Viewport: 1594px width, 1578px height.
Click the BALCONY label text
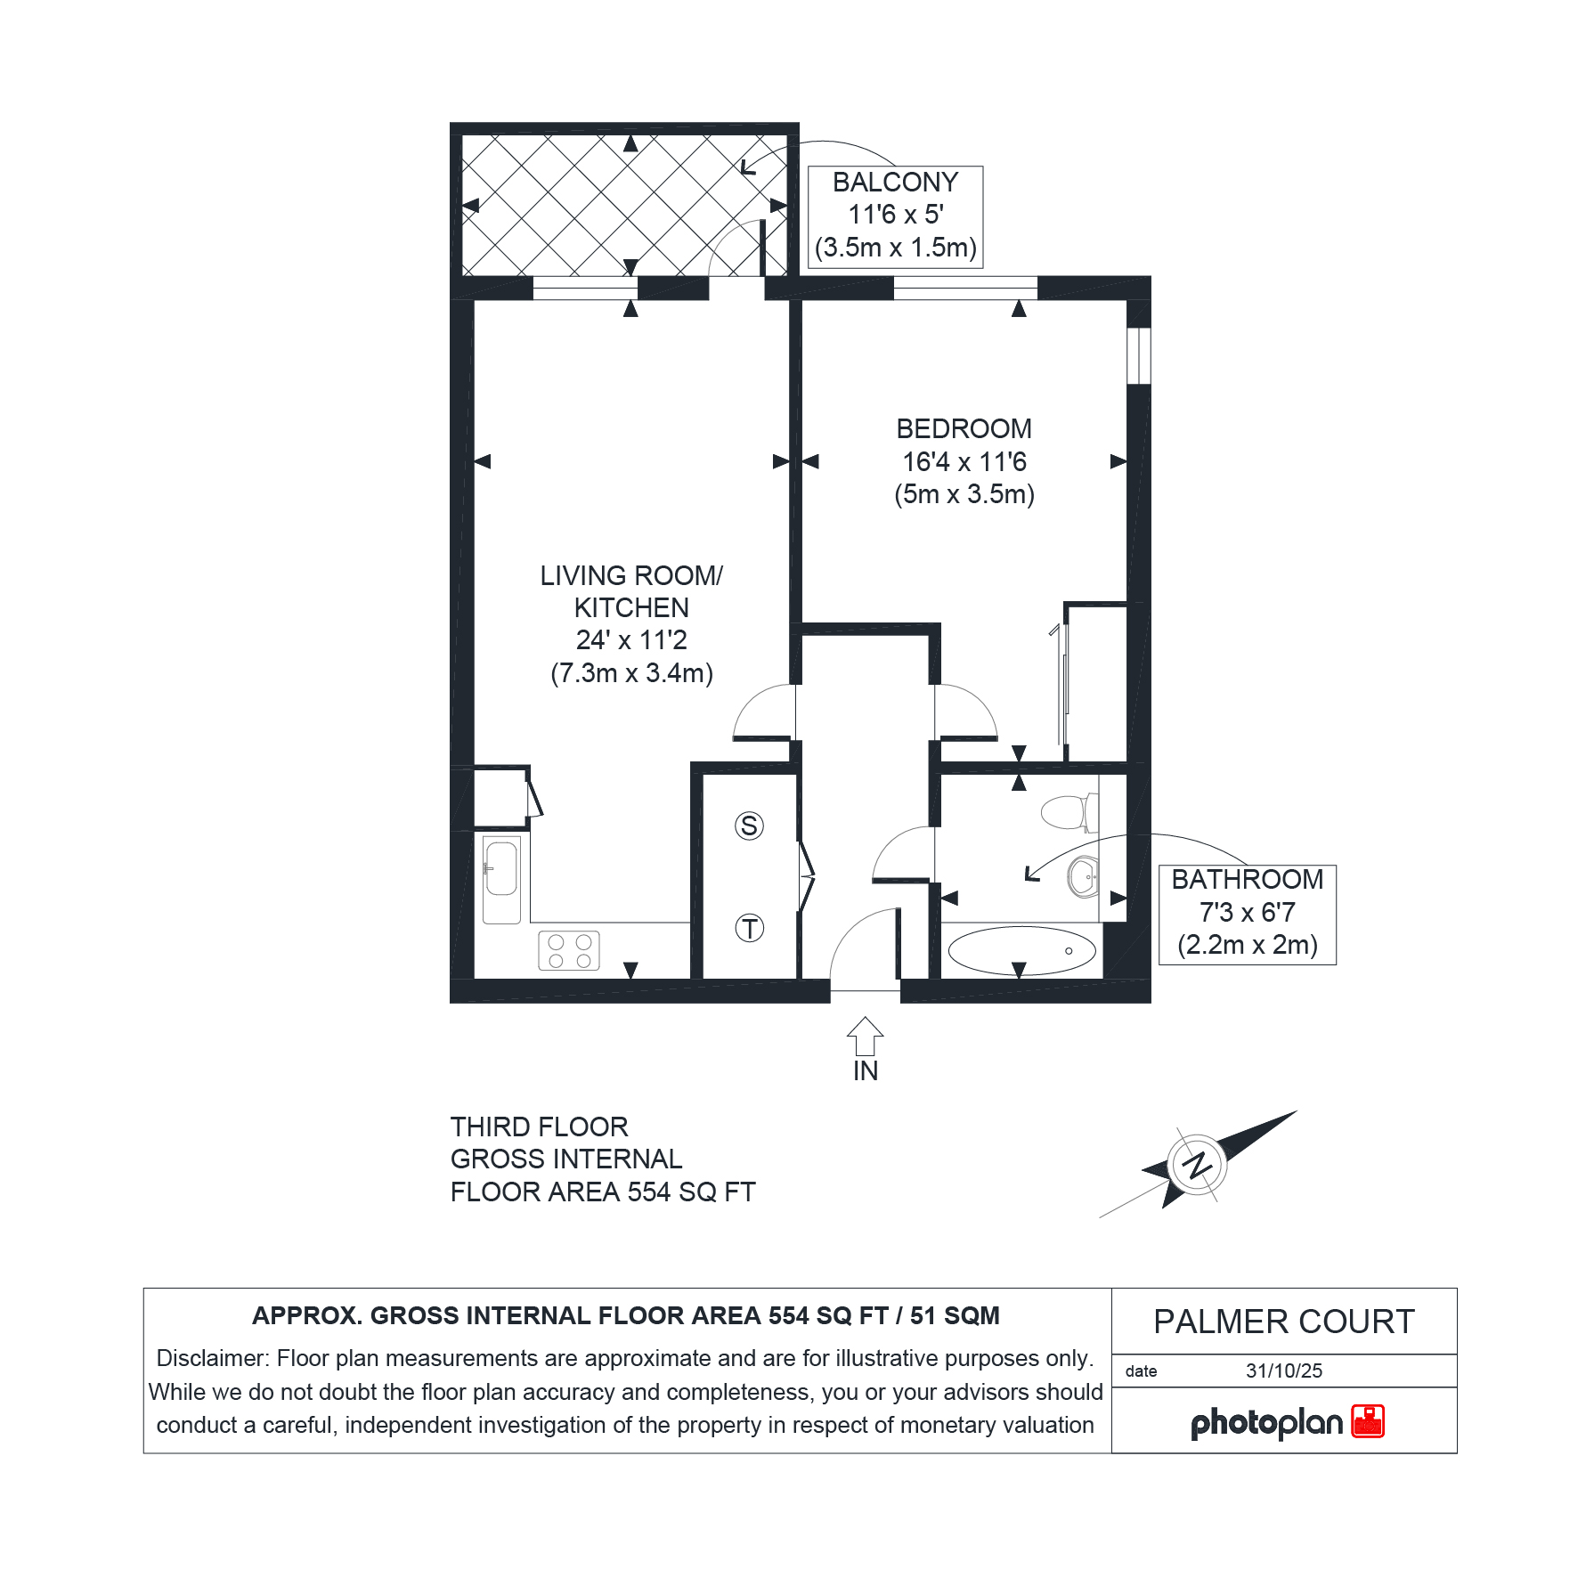pos(895,183)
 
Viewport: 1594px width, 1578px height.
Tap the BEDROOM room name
pos(964,429)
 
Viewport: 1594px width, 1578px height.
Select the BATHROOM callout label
pos(1247,880)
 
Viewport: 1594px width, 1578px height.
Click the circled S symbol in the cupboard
pos(750,826)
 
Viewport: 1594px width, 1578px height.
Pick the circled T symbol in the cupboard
pos(750,929)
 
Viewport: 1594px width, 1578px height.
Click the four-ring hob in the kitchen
pos(569,950)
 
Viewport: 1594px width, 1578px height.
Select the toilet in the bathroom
pos(1069,812)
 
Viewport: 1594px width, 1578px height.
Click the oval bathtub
pos(1021,950)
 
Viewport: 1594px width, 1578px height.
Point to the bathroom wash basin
pos(1083,877)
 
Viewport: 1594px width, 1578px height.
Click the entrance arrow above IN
pos(865,1036)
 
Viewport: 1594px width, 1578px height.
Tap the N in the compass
pos(1198,1165)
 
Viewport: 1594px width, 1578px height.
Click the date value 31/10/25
pos(1284,1371)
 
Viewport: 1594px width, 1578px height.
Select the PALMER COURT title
pos(1284,1322)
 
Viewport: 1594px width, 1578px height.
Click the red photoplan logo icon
pos(1368,1421)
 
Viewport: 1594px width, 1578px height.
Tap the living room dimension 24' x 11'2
pos(631,640)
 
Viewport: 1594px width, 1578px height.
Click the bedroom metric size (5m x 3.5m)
pos(964,494)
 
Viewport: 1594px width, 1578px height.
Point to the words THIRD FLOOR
pos(540,1127)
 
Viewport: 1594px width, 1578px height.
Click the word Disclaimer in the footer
pos(213,1358)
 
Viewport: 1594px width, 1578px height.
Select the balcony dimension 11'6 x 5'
pos(896,215)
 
